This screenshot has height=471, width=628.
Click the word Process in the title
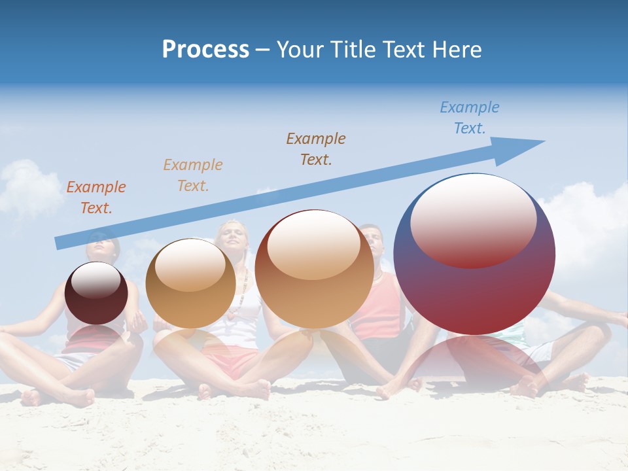pyautogui.click(x=205, y=50)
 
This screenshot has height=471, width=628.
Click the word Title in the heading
pyautogui.click(x=349, y=50)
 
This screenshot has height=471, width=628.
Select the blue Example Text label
pyautogui.click(x=470, y=118)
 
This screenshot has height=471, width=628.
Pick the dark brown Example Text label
pyautogui.click(x=316, y=148)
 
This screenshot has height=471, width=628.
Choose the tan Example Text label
pyautogui.click(x=193, y=175)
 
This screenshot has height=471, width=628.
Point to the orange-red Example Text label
pyautogui.click(x=96, y=198)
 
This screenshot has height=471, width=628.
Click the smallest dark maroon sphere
pyautogui.click(x=96, y=293)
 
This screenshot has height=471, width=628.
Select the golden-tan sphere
pyautogui.click(x=190, y=284)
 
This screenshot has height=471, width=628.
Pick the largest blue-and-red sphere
pyautogui.click(x=475, y=288)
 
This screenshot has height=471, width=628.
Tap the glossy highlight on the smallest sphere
pyautogui.click(x=96, y=280)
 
